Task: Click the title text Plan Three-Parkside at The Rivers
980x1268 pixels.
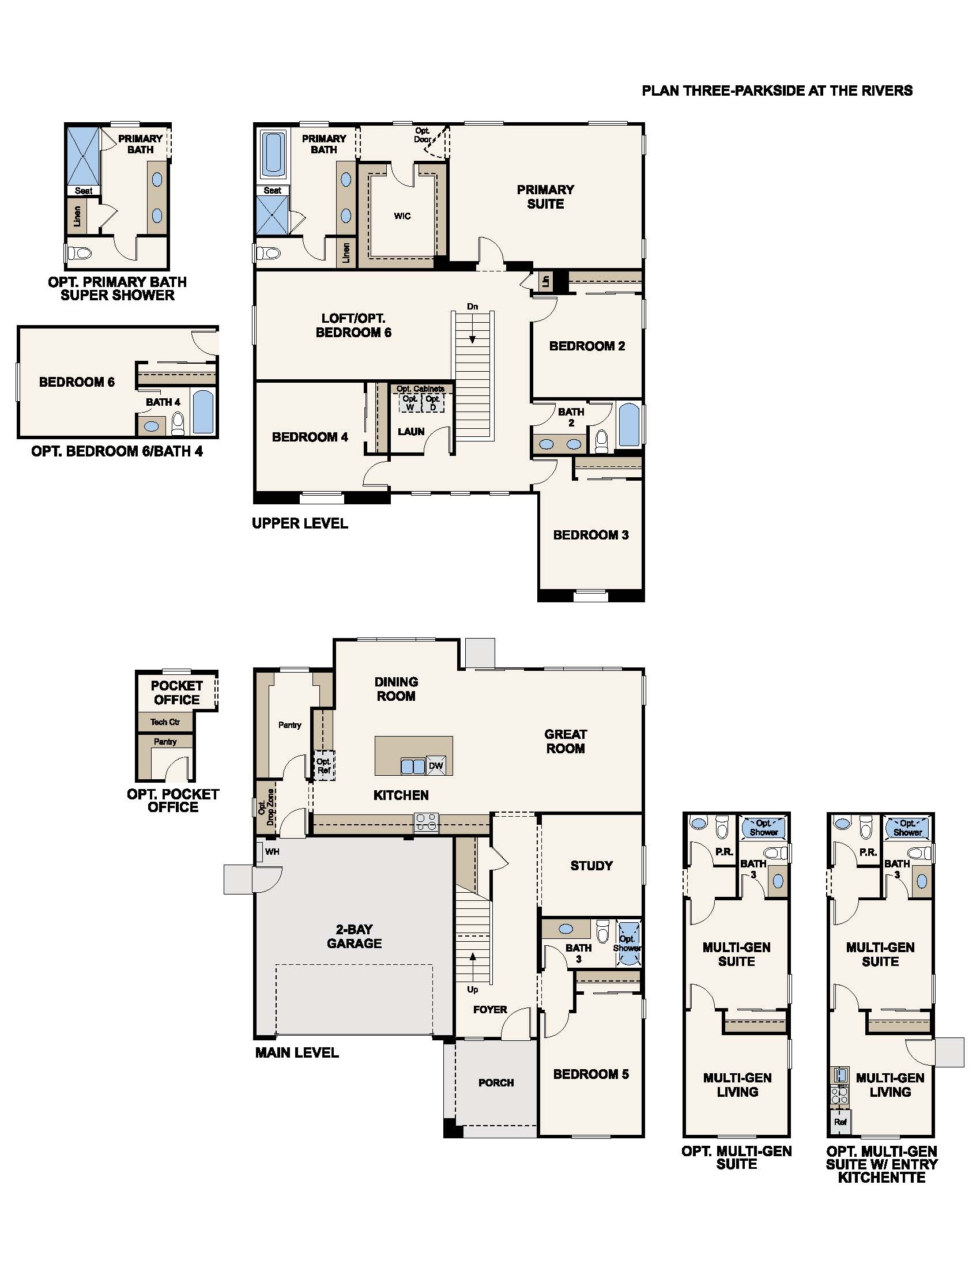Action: point(777,90)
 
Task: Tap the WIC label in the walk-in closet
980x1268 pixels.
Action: point(402,216)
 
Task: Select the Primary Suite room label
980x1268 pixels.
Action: point(545,196)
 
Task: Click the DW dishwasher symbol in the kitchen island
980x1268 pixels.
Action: point(436,765)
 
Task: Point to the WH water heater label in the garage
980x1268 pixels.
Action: point(272,852)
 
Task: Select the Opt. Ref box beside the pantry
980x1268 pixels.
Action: point(324,766)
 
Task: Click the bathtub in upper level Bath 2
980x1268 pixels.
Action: point(629,425)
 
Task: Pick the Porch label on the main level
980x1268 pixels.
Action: point(496,1082)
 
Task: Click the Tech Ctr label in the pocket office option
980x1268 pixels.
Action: point(165,722)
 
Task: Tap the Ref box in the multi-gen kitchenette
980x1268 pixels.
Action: point(840,1122)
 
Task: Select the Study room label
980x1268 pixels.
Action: point(591,866)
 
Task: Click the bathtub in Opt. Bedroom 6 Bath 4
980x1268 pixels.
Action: point(202,412)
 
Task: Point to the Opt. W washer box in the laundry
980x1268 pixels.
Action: point(410,403)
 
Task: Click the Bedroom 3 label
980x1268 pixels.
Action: point(590,535)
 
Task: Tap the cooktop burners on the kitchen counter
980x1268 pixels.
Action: point(426,823)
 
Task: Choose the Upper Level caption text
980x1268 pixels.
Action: point(300,523)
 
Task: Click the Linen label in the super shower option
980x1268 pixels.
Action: point(77,216)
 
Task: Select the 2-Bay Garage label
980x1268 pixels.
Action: point(354,937)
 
